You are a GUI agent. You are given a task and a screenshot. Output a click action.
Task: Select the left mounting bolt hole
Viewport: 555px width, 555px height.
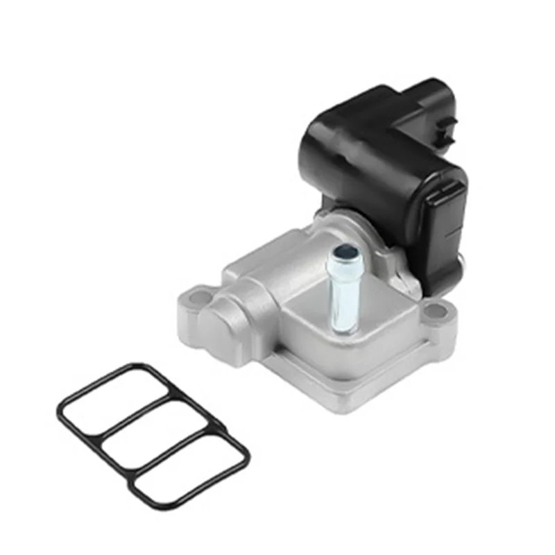pyautogui.click(x=199, y=298)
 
